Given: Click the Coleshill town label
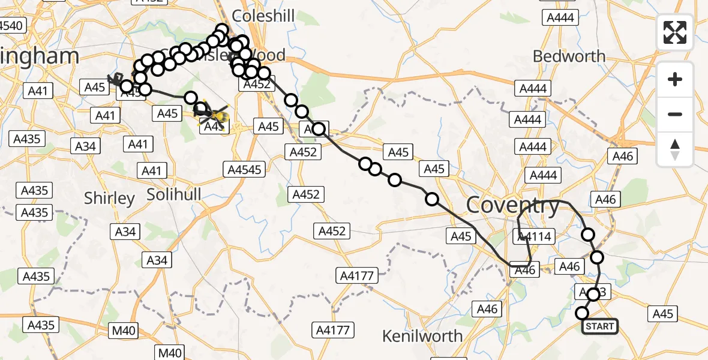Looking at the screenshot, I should (263, 16).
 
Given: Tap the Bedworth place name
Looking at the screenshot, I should (569, 56).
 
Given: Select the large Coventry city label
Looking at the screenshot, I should (512, 206).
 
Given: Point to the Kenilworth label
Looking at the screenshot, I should (422, 335).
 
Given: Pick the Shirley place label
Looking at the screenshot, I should (109, 198).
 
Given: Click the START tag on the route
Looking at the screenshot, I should (599, 326).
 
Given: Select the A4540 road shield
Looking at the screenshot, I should (11, 26).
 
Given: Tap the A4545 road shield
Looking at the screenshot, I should (245, 170).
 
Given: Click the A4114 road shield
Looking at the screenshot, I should (533, 236).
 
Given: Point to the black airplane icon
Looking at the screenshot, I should (115, 79).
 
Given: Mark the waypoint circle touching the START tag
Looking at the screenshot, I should (582, 313).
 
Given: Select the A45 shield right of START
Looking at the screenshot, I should (663, 314).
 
